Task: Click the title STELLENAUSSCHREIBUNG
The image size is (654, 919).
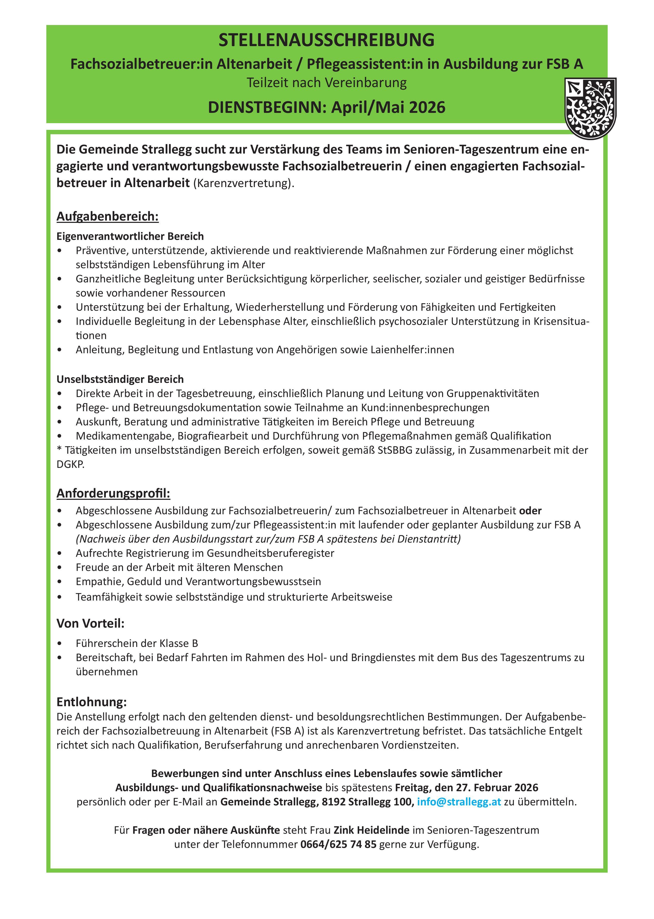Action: click(x=326, y=40)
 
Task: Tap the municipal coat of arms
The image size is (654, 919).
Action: click(x=590, y=108)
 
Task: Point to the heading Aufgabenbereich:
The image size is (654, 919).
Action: click(x=108, y=216)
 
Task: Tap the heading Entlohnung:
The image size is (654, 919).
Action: click(x=91, y=702)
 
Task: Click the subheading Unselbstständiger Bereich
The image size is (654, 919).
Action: click(x=120, y=379)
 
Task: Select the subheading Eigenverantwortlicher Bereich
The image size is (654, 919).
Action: click(x=130, y=236)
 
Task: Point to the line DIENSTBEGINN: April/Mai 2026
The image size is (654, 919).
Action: click(x=326, y=107)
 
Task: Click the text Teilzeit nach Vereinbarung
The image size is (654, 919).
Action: click(x=326, y=83)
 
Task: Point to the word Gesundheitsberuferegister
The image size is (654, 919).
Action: click(x=270, y=553)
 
